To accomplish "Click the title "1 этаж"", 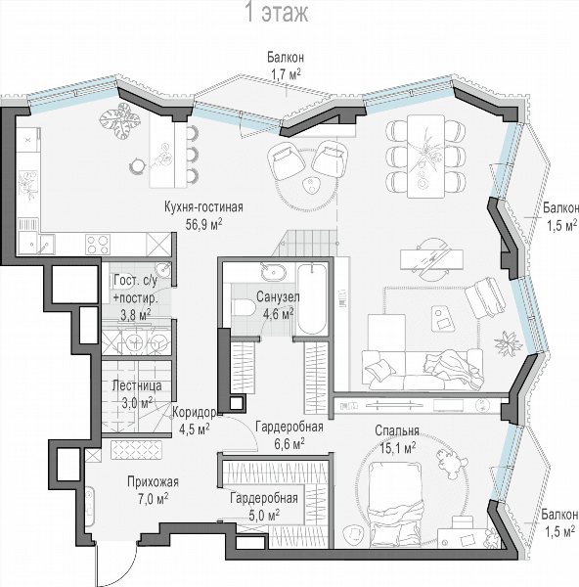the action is [277, 12].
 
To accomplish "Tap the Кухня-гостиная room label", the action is [203, 207].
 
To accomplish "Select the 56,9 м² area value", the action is [204, 223].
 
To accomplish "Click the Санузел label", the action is [278, 296].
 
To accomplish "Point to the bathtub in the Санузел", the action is [311, 298].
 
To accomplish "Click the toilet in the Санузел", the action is [244, 308].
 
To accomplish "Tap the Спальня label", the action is [397, 430].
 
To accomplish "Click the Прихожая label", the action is [153, 481].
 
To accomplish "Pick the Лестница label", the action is [137, 385].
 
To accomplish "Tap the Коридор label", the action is [194, 413].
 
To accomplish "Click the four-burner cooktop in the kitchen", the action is [98, 245].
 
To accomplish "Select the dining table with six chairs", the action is [425, 157].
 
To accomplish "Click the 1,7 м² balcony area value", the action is [286, 74].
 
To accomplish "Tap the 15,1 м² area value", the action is [398, 448].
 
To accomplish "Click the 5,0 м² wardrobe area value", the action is [264, 516].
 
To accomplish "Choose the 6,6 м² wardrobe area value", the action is [289, 443].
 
